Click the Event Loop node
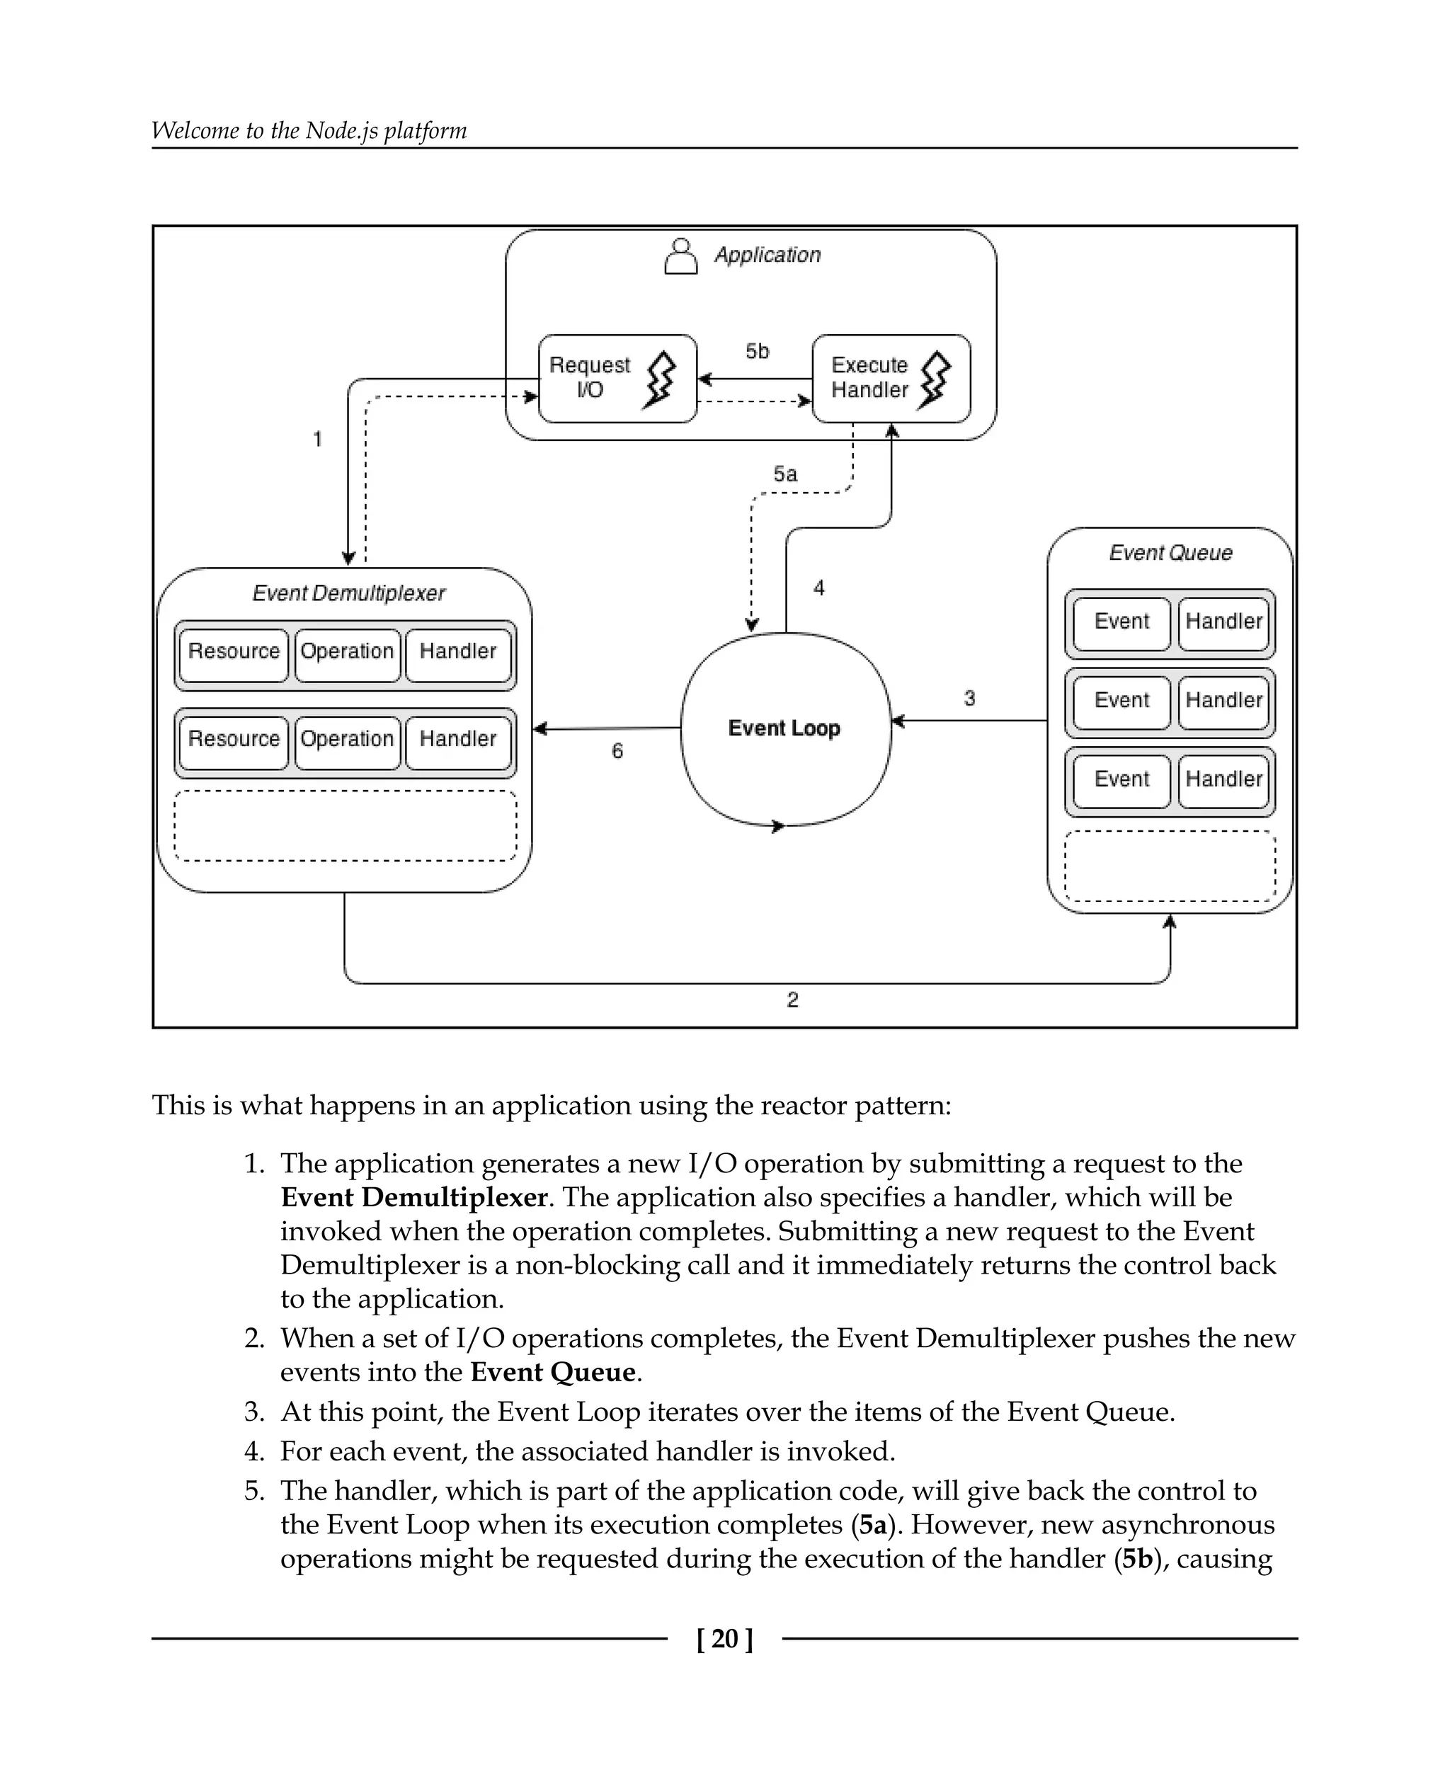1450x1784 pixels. coord(785,728)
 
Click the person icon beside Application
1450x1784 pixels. coord(680,256)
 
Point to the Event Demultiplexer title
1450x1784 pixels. coord(348,593)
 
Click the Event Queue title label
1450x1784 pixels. coord(1170,553)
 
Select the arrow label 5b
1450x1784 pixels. coord(757,352)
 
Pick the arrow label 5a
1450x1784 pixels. coord(784,474)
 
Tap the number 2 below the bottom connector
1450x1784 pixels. coord(793,1000)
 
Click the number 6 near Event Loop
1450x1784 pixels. coord(617,751)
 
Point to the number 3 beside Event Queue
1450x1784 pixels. coord(969,698)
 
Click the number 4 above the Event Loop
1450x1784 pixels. coord(818,588)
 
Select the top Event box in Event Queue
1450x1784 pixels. coord(1121,622)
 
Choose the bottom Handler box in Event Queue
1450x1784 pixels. coord(1223,779)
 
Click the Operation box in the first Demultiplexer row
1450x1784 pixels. coord(347,651)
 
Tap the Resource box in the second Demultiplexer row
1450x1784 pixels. coord(233,739)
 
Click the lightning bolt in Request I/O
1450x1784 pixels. coord(660,380)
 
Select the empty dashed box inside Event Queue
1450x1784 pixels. coord(1170,866)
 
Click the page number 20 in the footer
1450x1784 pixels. coord(725,1639)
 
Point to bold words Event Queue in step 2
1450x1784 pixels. coord(553,1372)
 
